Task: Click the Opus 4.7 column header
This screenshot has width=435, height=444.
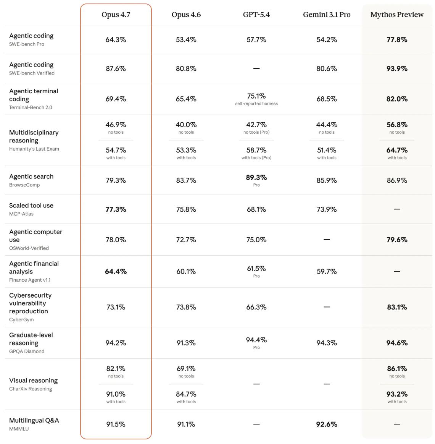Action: click(x=116, y=15)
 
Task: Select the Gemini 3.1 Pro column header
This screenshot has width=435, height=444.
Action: click(x=327, y=15)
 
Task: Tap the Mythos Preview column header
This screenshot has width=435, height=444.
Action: click(x=397, y=15)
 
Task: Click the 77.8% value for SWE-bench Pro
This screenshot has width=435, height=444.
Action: click(x=397, y=40)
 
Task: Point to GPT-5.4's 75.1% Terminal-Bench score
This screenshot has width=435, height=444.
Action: click(x=256, y=96)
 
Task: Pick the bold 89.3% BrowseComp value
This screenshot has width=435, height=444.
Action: click(x=256, y=178)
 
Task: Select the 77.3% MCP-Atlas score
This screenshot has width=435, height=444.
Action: click(x=116, y=209)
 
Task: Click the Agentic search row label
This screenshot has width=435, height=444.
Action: click(x=31, y=177)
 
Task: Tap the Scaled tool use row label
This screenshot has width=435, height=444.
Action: click(x=31, y=206)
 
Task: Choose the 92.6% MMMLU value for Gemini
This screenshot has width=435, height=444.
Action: click(x=327, y=424)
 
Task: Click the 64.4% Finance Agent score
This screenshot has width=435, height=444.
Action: click(x=116, y=272)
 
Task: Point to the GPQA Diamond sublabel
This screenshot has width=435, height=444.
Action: click(x=27, y=352)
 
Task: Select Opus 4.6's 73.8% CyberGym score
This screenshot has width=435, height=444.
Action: click(x=186, y=307)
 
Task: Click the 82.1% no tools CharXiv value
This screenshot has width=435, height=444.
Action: click(x=116, y=369)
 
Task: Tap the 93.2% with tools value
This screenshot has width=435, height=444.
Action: click(x=397, y=394)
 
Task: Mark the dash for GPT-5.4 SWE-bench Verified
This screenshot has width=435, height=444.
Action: click(x=256, y=69)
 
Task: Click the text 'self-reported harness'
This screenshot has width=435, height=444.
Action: click(x=256, y=104)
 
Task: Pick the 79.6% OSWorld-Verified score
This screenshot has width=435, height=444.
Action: click(x=397, y=240)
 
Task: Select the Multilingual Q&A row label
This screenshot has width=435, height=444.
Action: click(x=34, y=421)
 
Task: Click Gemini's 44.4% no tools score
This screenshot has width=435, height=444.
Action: click(x=327, y=125)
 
